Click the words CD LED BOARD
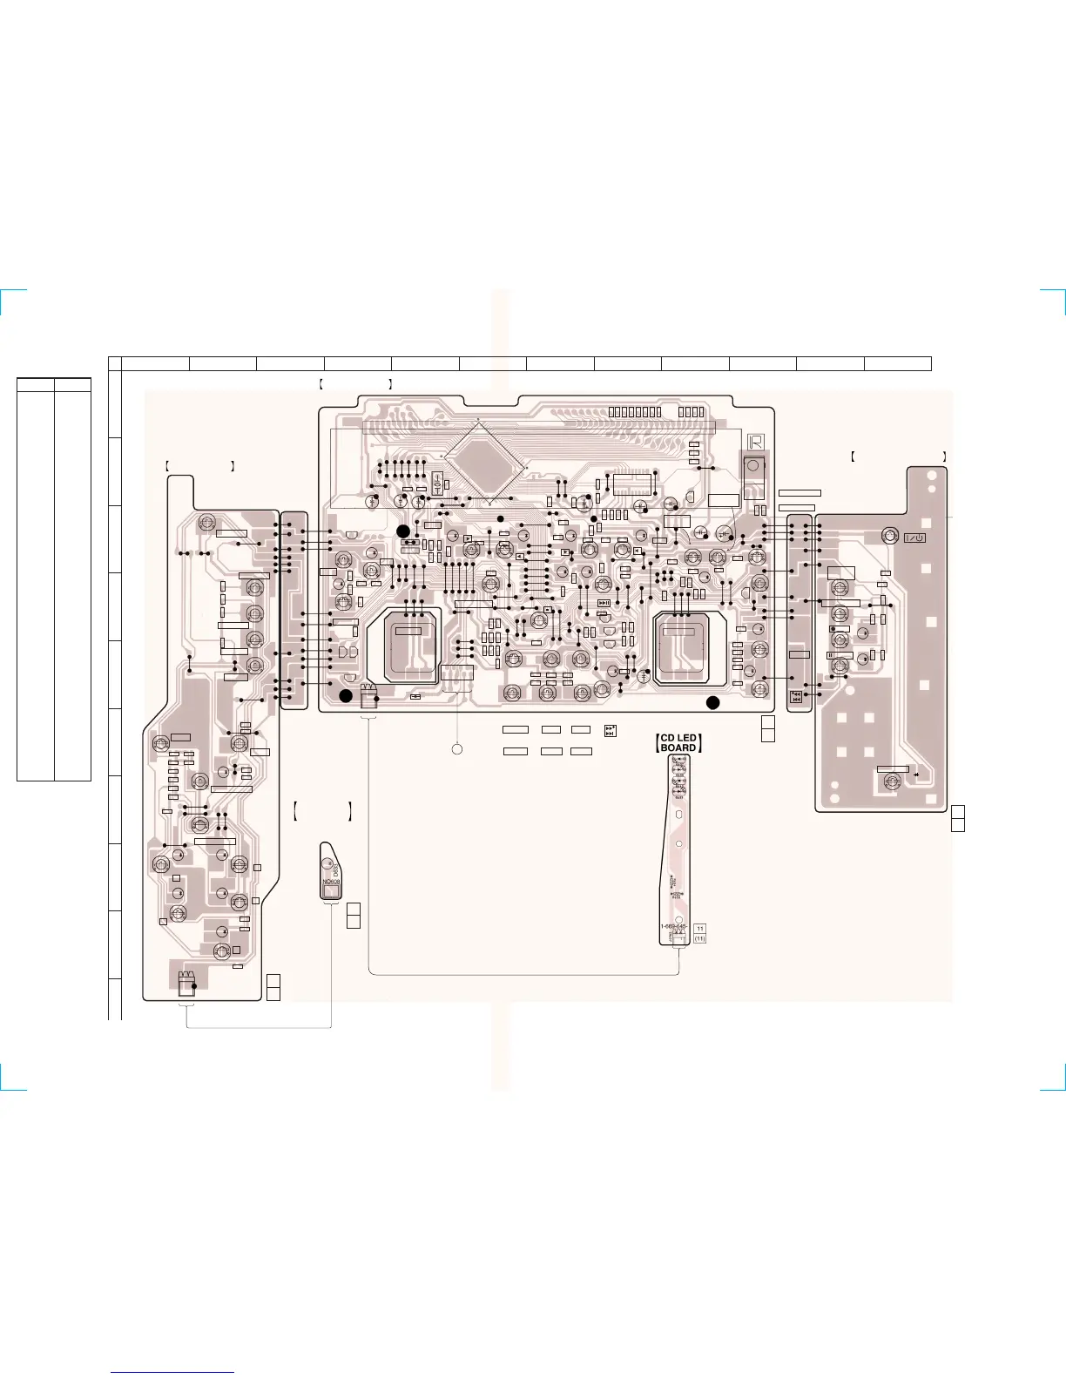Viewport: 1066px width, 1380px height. tap(678, 743)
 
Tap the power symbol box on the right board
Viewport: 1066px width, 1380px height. tap(914, 538)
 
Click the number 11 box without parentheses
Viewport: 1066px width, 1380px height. tap(700, 929)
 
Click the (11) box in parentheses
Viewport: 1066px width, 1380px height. tap(700, 939)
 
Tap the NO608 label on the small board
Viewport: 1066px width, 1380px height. tap(331, 882)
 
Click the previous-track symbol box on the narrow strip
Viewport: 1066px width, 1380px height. tap(795, 696)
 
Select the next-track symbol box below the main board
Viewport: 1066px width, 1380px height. tap(611, 730)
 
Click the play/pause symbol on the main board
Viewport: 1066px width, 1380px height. tap(604, 603)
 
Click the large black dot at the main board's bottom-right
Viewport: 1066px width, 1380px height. tap(712, 702)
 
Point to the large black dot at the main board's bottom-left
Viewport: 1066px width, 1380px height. tap(346, 695)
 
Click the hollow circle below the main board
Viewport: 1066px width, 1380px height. tap(456, 749)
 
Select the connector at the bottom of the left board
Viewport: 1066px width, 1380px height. tap(185, 984)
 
